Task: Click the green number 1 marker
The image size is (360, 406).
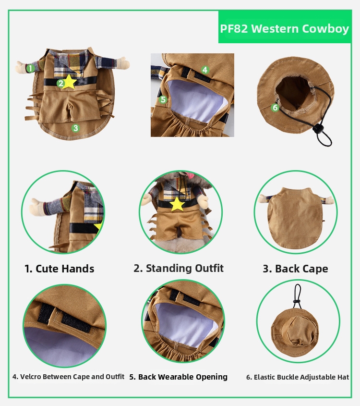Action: pyautogui.click(x=31, y=68)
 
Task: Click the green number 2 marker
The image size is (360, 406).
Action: pyautogui.click(x=61, y=84)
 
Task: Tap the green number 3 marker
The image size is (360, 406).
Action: pyautogui.click(x=75, y=128)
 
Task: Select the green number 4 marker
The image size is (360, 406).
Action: pyautogui.click(x=205, y=70)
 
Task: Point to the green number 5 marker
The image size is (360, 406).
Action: pyautogui.click(x=163, y=99)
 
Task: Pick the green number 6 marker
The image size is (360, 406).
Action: pyautogui.click(x=275, y=108)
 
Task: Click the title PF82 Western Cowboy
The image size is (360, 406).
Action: pyautogui.click(x=285, y=28)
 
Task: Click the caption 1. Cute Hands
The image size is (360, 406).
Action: pyautogui.click(x=59, y=269)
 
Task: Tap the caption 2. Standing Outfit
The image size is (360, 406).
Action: pyautogui.click(x=179, y=269)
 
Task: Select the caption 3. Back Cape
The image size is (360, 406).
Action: pyautogui.click(x=295, y=269)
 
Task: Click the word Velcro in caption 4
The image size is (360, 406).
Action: pyautogui.click(x=31, y=377)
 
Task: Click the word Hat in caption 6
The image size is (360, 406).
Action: pyautogui.click(x=343, y=377)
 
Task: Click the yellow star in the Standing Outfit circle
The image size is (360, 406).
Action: pyautogui.click(x=177, y=204)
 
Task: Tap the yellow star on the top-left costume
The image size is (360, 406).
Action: pyautogui.click(x=69, y=82)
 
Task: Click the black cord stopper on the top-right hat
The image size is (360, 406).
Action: pyautogui.click(x=318, y=129)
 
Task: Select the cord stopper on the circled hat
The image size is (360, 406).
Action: pyautogui.click(x=297, y=301)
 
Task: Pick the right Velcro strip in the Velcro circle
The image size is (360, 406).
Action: pyautogui.click(x=76, y=322)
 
